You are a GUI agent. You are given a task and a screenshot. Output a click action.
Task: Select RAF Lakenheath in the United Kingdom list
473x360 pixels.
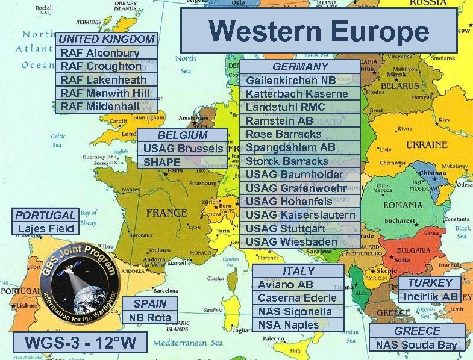coord(104,80)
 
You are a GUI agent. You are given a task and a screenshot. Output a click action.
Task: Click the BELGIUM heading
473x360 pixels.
coord(182,135)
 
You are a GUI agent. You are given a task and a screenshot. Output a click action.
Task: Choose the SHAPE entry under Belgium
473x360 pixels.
coord(161,162)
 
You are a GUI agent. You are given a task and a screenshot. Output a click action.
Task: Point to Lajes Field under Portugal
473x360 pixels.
coord(46,229)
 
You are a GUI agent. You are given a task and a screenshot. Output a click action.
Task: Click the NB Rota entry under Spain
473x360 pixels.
coord(150,317)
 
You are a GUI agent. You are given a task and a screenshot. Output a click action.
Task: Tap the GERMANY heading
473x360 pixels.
coord(301,67)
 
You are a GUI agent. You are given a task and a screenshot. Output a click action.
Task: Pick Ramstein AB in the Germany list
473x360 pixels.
coord(279,121)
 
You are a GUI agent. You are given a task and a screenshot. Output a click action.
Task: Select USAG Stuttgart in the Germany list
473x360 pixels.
coord(286,229)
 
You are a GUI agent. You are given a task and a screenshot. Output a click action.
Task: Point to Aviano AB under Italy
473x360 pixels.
coord(286,285)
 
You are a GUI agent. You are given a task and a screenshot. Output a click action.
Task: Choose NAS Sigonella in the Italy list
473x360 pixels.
coord(295,312)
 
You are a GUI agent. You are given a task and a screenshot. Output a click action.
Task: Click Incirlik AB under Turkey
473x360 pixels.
coord(430,297)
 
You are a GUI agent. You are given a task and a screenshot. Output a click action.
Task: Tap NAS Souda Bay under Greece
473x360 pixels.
coord(416,345)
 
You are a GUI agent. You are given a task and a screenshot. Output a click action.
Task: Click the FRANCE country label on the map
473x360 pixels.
coord(166,213)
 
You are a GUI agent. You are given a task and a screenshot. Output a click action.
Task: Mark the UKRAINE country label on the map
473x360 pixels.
coord(427,146)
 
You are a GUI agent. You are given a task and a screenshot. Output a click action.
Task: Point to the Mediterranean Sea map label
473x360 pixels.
coord(188,343)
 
